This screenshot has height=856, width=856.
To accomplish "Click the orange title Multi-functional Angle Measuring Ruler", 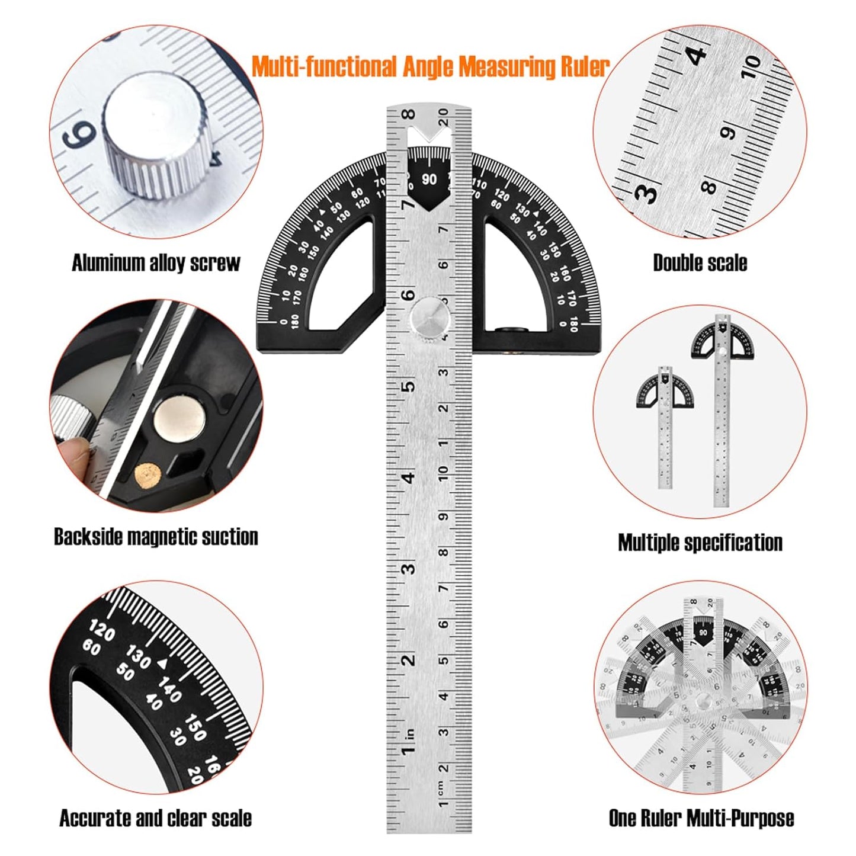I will (430, 66).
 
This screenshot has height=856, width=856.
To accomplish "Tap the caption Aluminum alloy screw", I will (156, 263).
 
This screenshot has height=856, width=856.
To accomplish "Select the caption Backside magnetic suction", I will (156, 537).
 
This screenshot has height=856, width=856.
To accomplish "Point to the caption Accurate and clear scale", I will (155, 818).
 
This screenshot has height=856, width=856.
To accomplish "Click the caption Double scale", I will (700, 263).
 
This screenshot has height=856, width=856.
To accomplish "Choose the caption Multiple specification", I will (700, 543).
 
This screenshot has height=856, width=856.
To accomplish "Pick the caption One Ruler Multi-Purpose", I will (701, 818).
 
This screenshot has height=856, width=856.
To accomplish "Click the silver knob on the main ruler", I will (429, 318).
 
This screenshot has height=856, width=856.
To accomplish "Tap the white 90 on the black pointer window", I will (429, 179).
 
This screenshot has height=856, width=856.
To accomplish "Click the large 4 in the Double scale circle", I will (697, 55).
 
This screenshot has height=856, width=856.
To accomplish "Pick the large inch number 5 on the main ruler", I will (409, 386).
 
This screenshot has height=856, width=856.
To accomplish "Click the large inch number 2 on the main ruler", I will (409, 660).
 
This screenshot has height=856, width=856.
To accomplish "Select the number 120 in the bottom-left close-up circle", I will (102, 631).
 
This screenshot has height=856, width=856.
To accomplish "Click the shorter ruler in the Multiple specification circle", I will (665, 427).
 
